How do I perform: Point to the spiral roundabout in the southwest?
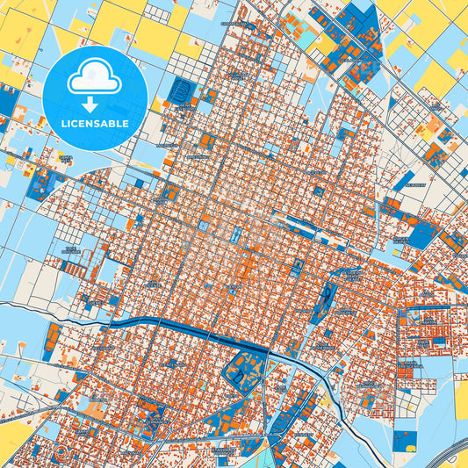click(x=59, y=455)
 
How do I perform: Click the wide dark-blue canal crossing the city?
click(x=176, y=327)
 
